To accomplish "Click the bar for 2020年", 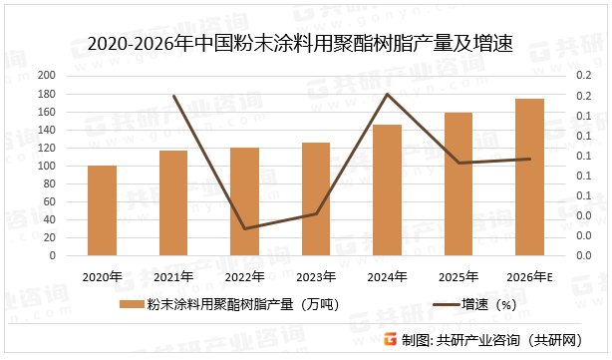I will [102, 210].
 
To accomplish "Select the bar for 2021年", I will [173, 202].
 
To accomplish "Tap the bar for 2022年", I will [244, 201].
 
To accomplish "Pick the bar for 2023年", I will [316, 198].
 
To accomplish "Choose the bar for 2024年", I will [388, 189].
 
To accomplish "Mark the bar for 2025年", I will [459, 183].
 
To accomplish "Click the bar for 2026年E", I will [530, 177].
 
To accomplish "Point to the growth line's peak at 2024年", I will [388, 94].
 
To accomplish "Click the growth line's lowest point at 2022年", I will [244, 228].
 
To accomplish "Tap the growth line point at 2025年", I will [459, 163].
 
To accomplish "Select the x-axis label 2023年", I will [316, 276].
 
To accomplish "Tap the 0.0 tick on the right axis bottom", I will [581, 255].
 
